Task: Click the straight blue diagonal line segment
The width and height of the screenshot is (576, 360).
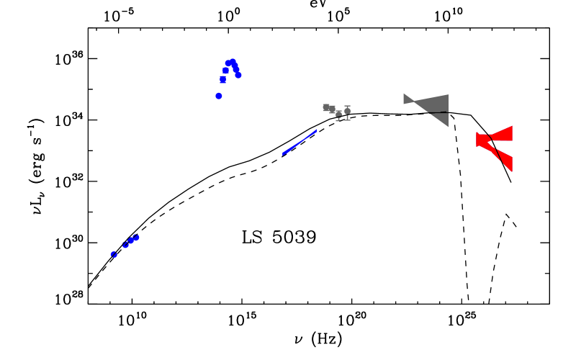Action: click(x=299, y=143)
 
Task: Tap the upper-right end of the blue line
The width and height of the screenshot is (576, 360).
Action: click(x=315, y=131)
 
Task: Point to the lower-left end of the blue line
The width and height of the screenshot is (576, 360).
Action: click(x=283, y=154)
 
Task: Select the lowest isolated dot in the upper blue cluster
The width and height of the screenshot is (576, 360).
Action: click(x=219, y=96)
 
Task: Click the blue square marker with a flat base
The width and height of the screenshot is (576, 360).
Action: click(x=222, y=80)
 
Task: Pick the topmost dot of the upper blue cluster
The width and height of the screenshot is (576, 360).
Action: click(x=233, y=62)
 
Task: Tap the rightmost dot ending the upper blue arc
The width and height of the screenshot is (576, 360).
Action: click(x=238, y=76)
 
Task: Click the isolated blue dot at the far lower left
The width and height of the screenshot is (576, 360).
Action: click(x=114, y=254)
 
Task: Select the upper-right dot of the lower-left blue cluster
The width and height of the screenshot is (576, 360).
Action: click(x=136, y=237)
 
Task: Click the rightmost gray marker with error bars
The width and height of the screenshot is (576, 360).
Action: click(x=347, y=112)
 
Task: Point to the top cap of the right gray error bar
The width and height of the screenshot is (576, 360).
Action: click(x=347, y=106)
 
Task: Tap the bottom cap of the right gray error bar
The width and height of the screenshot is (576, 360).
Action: click(x=347, y=120)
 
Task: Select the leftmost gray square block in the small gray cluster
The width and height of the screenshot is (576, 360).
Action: click(x=326, y=107)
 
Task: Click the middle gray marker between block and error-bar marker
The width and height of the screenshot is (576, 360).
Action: click(x=338, y=114)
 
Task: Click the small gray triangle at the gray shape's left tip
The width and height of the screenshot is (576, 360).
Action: click(x=408, y=99)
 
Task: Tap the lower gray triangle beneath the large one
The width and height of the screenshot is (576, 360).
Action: click(x=441, y=118)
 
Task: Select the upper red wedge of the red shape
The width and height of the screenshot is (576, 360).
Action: click(x=503, y=134)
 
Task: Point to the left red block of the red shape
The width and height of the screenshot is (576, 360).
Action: click(x=481, y=139)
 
